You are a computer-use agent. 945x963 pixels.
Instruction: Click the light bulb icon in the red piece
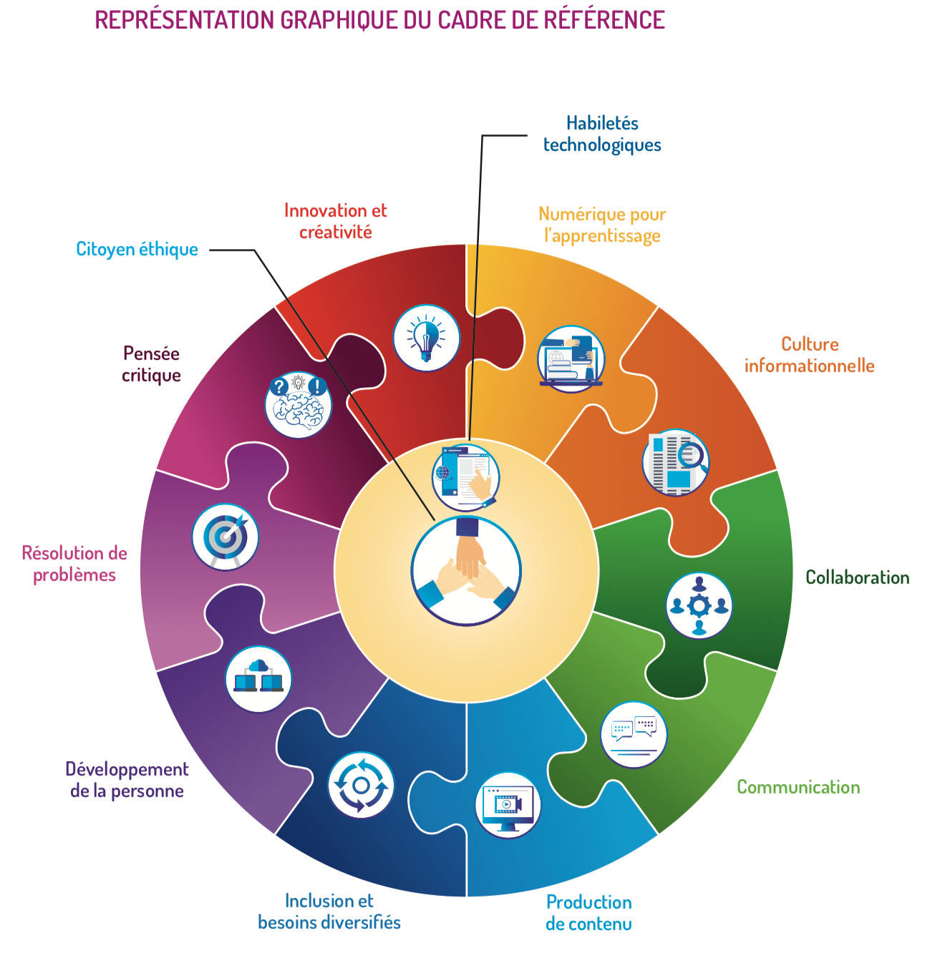click(x=426, y=338)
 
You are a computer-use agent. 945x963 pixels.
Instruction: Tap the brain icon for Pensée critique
click(x=299, y=405)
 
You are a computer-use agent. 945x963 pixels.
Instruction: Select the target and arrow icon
click(x=226, y=537)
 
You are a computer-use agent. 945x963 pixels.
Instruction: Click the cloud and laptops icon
click(x=258, y=679)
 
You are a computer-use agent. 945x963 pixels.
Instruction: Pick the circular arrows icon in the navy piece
click(x=361, y=785)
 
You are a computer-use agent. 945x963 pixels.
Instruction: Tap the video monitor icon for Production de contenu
click(x=508, y=805)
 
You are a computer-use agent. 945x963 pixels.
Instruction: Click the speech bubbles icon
click(x=634, y=735)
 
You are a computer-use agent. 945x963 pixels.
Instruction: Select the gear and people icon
click(x=699, y=606)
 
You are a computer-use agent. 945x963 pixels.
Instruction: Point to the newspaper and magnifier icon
click(x=675, y=462)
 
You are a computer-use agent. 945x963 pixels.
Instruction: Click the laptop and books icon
click(x=571, y=358)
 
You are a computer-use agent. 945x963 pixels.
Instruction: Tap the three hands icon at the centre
click(x=466, y=570)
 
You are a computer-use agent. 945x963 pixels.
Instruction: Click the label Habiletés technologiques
click(x=602, y=134)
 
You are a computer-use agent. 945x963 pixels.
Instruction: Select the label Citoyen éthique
click(x=137, y=249)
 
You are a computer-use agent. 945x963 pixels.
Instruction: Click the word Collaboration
click(x=857, y=577)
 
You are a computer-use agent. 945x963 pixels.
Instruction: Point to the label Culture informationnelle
click(x=809, y=355)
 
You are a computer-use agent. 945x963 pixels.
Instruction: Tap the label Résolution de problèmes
click(x=74, y=564)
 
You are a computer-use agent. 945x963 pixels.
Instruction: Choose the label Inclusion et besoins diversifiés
click(x=329, y=911)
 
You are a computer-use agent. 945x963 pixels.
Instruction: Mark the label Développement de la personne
click(x=127, y=780)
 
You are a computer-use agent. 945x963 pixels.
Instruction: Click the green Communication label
click(x=798, y=787)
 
